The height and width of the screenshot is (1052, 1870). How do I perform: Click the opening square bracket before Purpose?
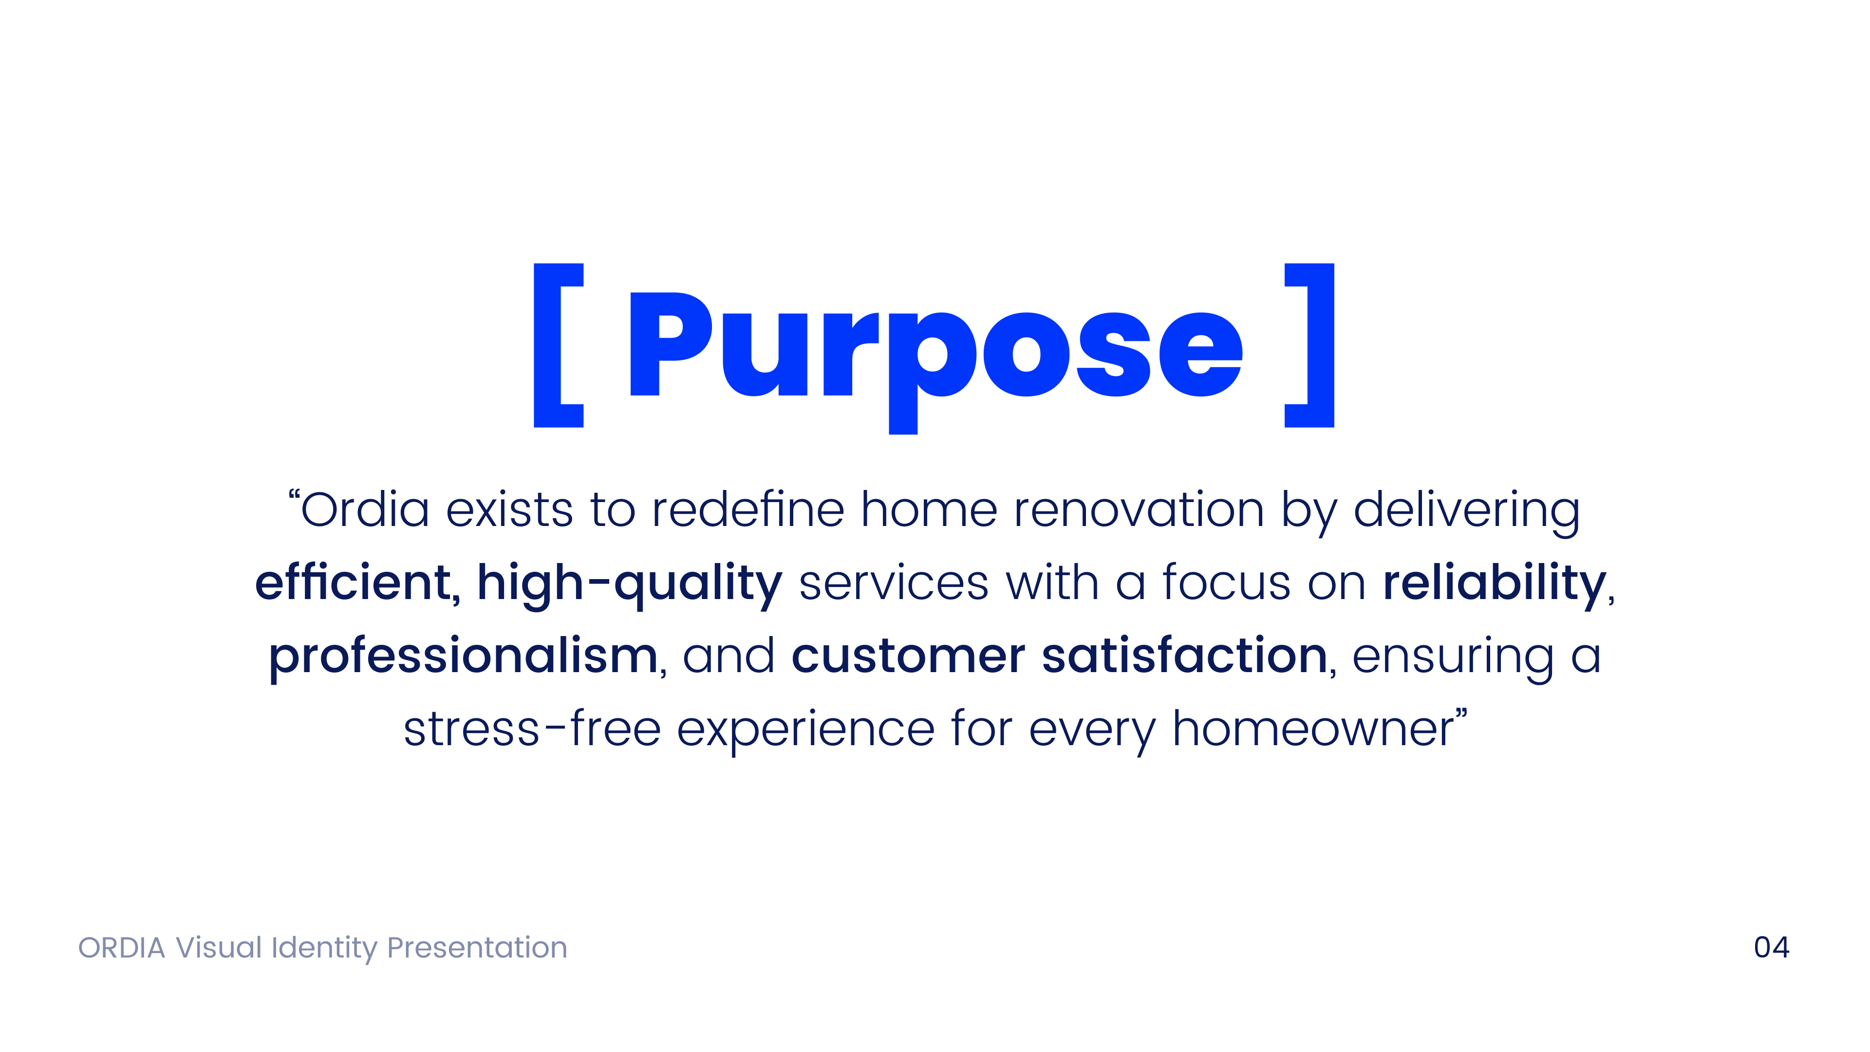tap(558, 346)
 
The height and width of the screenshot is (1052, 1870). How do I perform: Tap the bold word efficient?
tap(354, 582)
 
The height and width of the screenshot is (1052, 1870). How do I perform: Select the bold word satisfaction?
tap(1185, 656)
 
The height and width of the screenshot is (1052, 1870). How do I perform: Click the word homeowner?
tap(1314, 729)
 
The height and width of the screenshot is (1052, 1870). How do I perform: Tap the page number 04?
tap(1771, 947)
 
